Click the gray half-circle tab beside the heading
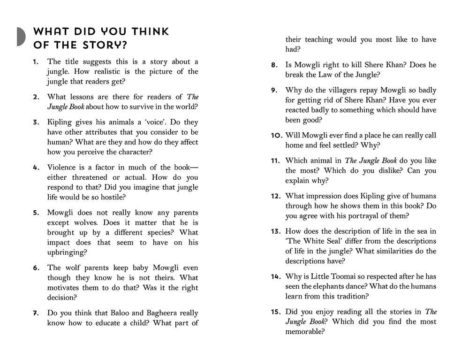(21, 37)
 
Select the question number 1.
(36, 62)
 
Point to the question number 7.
(36, 313)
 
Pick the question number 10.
(276, 136)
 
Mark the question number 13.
(275, 231)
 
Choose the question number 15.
(275, 312)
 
